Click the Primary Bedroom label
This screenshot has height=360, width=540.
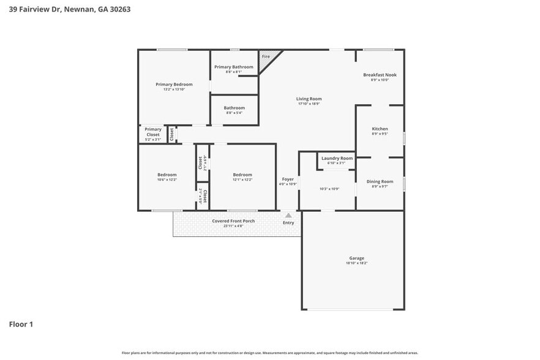(174, 84)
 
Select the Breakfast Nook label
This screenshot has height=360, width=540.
(380, 75)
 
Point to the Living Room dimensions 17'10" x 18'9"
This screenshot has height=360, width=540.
(309, 103)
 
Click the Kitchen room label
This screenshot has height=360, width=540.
(380, 129)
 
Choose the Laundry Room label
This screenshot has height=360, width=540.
(337, 158)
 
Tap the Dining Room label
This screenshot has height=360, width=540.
(380, 181)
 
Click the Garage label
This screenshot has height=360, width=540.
(356, 258)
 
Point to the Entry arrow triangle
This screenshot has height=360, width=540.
(288, 216)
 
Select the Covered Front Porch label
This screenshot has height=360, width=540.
(233, 221)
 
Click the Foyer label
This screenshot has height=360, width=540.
(288, 179)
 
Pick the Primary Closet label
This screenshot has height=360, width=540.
(153, 132)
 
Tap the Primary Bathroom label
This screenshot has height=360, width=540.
(234, 67)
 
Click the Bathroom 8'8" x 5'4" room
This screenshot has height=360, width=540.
(234, 110)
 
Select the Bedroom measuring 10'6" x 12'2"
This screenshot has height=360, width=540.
(167, 177)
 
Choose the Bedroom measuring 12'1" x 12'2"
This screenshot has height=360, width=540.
(242, 177)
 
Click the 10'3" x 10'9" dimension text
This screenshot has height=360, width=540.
(329, 189)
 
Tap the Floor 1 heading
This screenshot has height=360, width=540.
(21, 324)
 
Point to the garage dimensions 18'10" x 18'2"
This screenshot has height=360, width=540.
(356, 263)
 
